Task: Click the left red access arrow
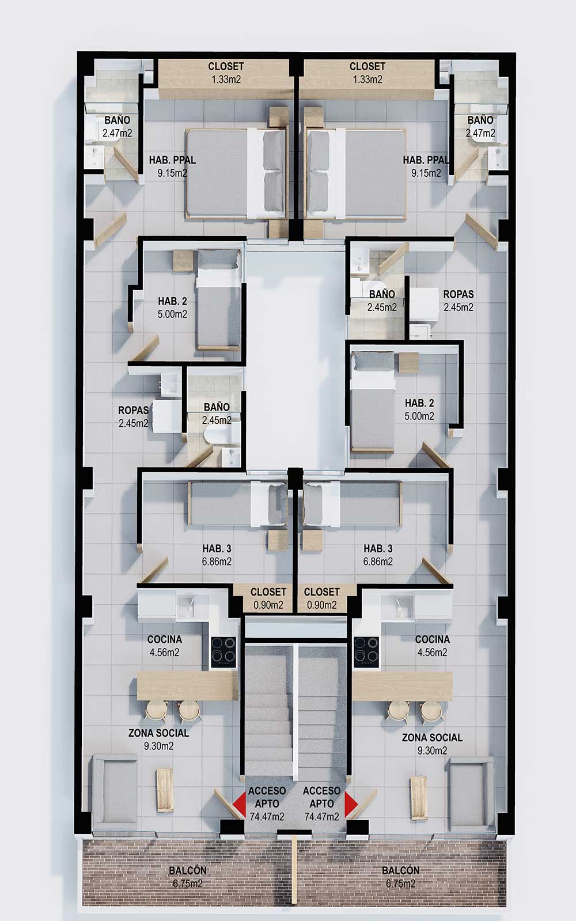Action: tap(240, 803)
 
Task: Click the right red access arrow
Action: tap(350, 803)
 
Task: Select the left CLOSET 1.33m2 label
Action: tap(226, 73)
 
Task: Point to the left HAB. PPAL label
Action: tap(172, 166)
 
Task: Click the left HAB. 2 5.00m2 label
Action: tap(172, 308)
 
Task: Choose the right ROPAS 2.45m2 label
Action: tap(458, 301)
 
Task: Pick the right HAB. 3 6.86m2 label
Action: tap(378, 555)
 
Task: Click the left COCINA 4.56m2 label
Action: tap(165, 646)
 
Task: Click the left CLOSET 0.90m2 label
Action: tap(268, 598)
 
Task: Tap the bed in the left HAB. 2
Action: tap(218, 300)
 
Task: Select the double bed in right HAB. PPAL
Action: tap(357, 173)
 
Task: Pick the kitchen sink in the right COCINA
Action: tap(397, 607)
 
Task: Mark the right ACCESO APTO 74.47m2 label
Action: tap(321, 803)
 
